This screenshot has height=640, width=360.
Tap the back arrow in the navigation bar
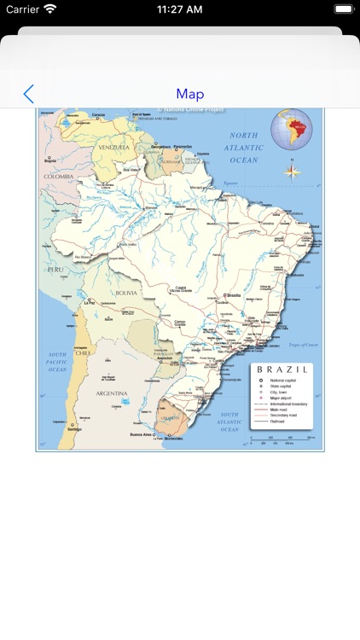tap(29, 94)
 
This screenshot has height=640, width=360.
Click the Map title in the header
tap(189, 94)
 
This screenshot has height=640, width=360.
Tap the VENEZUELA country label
tap(113, 147)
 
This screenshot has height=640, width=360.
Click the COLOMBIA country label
tap(59, 177)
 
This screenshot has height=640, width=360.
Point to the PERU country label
tap(55, 269)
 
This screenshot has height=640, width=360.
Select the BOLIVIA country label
tap(126, 293)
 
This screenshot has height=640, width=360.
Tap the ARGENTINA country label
tap(111, 393)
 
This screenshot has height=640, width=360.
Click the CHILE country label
tap(82, 352)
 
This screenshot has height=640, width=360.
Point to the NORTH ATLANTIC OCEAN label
tap(243, 148)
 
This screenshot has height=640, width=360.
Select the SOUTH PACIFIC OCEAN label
tap(57, 362)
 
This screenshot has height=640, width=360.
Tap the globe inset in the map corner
tap(292, 130)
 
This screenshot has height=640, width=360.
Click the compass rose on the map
tap(292, 170)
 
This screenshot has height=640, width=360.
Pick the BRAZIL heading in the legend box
tap(281, 369)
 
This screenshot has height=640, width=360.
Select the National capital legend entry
tap(282, 380)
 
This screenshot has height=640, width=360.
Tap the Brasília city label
tap(233, 295)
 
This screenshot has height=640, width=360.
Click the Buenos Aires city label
tap(142, 434)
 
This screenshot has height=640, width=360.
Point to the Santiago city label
tap(74, 428)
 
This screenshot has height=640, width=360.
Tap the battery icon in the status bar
tap(343, 9)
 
